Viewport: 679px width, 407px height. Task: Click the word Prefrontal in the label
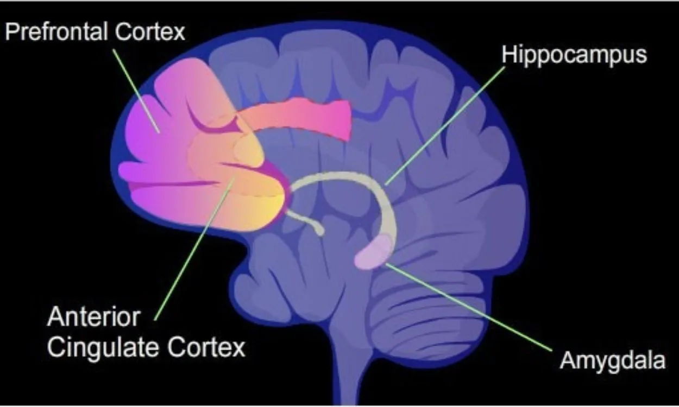56,31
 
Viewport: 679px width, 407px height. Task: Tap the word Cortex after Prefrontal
150,31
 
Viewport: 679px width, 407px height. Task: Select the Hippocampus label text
574,55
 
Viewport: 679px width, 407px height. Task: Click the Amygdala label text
613,361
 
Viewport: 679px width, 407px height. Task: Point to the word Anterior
93,317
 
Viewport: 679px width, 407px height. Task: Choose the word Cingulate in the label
103,348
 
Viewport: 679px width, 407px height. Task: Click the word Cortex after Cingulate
206,347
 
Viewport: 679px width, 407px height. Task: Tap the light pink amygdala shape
374,252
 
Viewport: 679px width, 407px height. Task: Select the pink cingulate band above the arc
297,119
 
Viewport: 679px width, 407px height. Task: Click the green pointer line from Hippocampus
445,126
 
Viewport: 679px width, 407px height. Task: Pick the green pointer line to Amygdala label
468,307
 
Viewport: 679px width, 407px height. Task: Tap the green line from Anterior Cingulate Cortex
194,249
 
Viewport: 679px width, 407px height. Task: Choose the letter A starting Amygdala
568,360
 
